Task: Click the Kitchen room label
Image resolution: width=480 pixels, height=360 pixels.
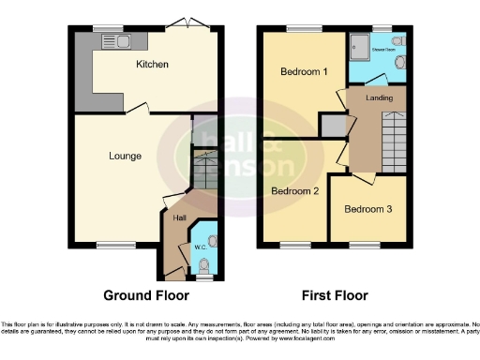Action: coord(152,65)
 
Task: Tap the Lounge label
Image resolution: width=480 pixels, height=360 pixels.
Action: coord(124,156)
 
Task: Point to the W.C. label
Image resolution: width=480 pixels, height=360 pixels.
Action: coord(199,247)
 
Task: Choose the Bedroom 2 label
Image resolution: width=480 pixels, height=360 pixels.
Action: coord(293,190)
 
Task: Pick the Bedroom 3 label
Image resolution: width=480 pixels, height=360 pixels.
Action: coord(368,208)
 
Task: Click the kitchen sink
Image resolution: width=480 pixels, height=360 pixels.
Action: coord(127,41)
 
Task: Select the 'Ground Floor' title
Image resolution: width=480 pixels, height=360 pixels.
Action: coord(145,295)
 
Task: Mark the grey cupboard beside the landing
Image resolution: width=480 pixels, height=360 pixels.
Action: coord(332,125)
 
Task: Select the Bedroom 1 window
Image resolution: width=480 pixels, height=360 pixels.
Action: coord(301,27)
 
